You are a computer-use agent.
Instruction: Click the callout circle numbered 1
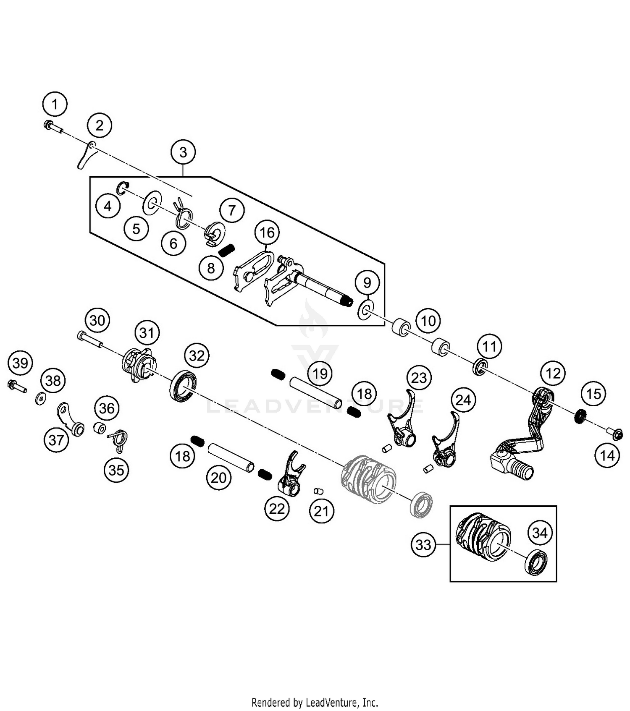click(55, 104)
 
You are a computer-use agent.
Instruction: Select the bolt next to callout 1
click(52, 126)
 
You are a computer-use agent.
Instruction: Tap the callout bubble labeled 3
click(183, 152)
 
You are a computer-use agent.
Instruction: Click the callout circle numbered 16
click(267, 232)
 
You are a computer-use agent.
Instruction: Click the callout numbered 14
click(607, 455)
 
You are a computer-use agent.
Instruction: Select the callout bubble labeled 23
click(419, 378)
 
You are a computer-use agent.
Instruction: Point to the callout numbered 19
click(320, 373)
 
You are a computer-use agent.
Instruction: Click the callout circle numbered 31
click(147, 333)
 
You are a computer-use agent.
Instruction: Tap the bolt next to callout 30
click(89, 338)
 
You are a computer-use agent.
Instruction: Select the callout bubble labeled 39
click(20, 363)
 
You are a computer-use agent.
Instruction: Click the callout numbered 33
click(423, 545)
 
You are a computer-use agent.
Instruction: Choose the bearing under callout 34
click(536, 562)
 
